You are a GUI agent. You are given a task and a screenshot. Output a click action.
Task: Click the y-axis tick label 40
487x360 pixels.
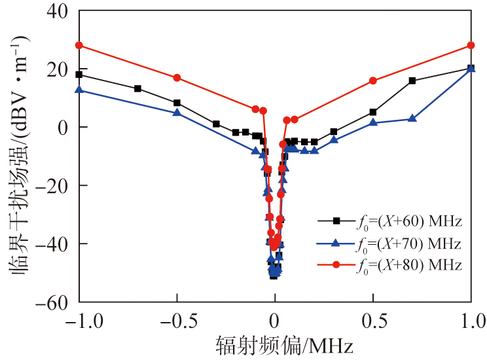[56, 11]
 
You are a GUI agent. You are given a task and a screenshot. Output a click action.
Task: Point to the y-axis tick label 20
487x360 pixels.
[56, 69]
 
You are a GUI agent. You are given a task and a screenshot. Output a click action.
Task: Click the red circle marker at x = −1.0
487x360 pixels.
[79, 45]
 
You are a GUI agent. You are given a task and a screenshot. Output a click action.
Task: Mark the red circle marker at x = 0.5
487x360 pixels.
[373, 81]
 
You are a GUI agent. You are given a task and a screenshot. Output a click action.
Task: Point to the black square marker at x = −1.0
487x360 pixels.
[79, 75]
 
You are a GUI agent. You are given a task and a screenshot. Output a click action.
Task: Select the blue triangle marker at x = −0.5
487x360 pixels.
[177, 113]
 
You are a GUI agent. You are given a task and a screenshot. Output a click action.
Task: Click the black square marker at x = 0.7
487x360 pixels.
[412, 81]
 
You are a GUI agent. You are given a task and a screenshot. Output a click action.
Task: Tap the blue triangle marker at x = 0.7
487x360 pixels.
[412, 118]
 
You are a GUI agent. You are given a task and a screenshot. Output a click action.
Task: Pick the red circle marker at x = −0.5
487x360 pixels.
[177, 78]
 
